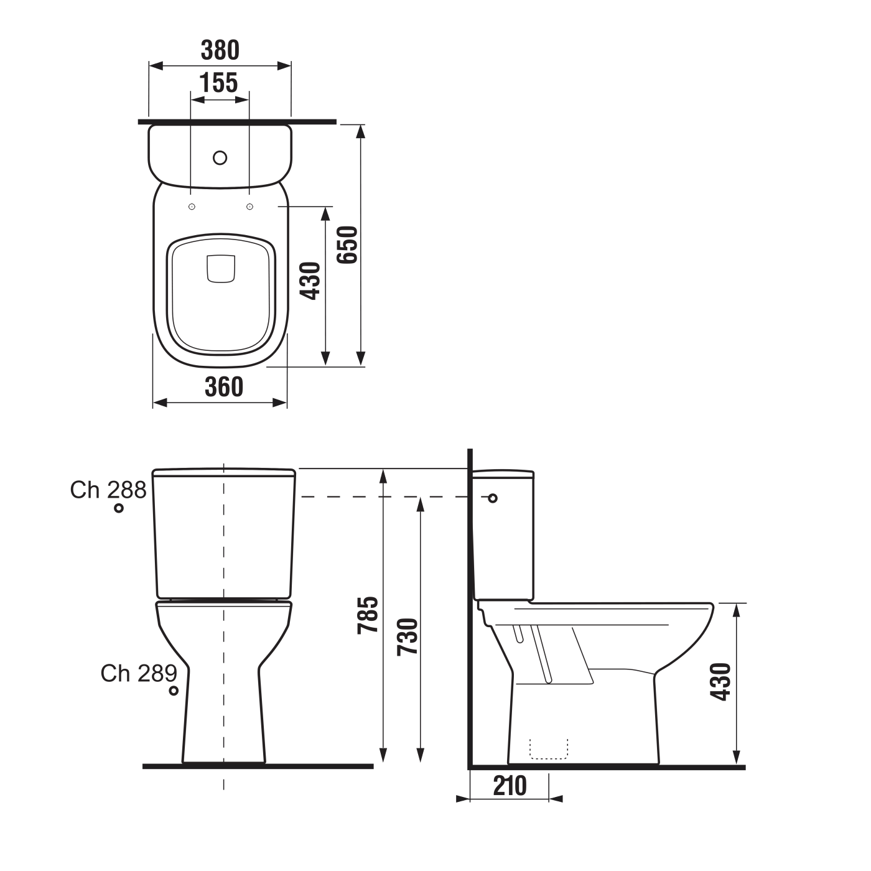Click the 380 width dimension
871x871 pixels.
[220, 50]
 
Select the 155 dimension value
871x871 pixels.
[219, 82]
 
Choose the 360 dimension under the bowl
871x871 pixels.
[223, 387]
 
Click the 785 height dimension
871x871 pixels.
[368, 615]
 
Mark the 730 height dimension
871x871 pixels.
[408, 636]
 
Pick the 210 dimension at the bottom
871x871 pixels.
[510, 786]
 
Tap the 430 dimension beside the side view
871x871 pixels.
[721, 682]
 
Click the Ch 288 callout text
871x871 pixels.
[108, 490]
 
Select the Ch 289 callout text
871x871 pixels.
[139, 673]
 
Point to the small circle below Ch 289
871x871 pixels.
[174, 691]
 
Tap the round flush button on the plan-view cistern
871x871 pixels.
[220, 157]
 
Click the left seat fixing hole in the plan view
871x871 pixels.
[192, 207]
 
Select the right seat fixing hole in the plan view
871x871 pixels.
[249, 207]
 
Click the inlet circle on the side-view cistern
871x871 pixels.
[493, 498]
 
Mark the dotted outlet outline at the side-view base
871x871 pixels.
[549, 750]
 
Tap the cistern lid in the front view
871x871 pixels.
[224, 473]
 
